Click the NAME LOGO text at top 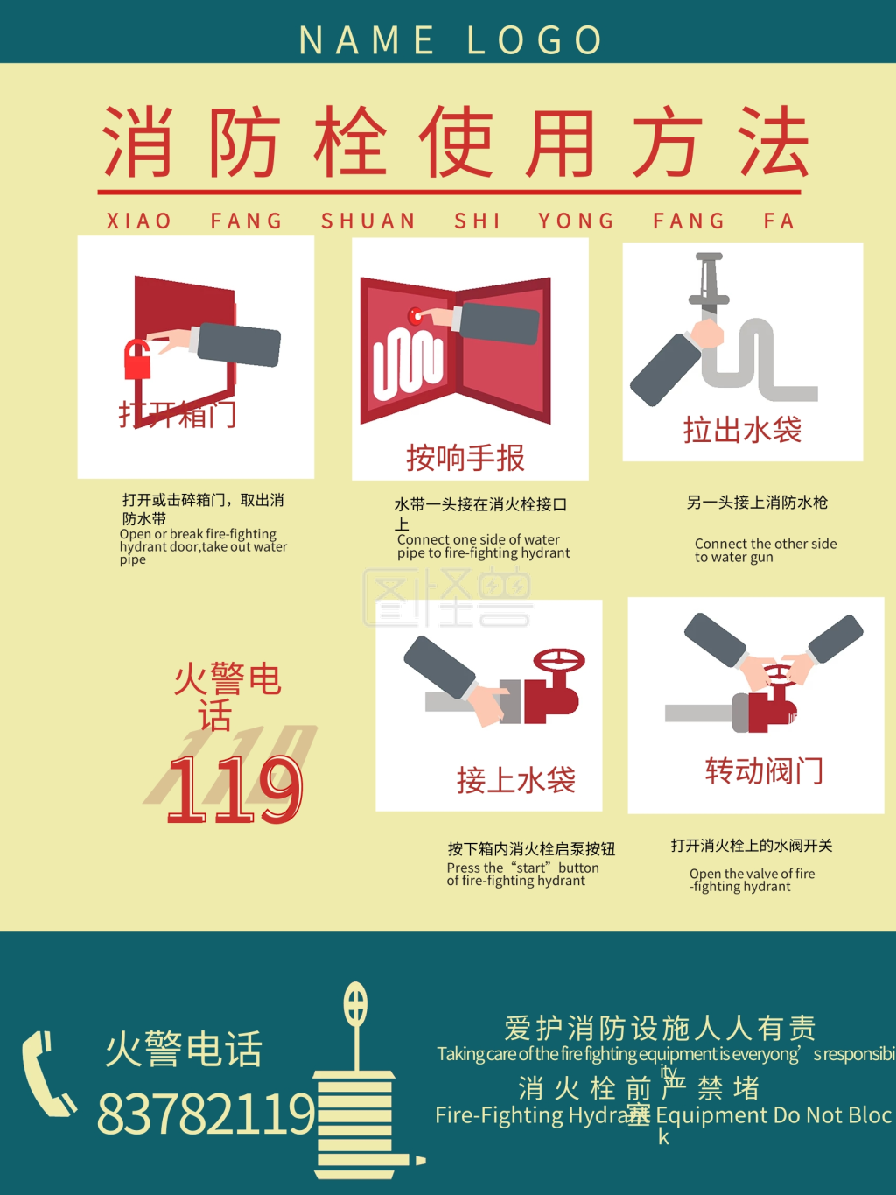coord(451,40)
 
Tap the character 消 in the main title coord(137,142)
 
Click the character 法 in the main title coord(772,142)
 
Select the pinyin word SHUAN coord(368,221)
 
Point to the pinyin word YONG coord(577,221)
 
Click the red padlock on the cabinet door coord(137,360)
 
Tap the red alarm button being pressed coord(416,316)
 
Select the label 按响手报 coord(465,458)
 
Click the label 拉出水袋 coord(742,430)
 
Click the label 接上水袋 coord(516,780)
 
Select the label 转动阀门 coord(764,771)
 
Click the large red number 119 coord(234,790)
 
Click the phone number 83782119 coord(206,1114)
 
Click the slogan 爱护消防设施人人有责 coord(661,1027)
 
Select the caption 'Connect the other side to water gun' coord(765,551)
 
